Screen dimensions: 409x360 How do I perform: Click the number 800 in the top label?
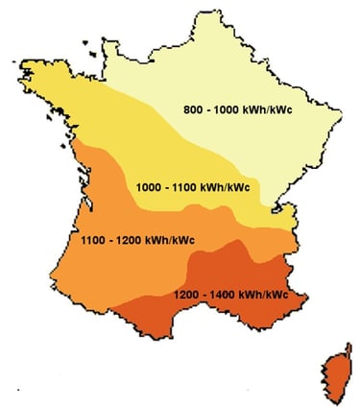tap(193, 108)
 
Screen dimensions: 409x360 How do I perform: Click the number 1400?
tap(220, 293)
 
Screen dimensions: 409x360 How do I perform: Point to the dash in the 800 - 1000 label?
tap(207, 108)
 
